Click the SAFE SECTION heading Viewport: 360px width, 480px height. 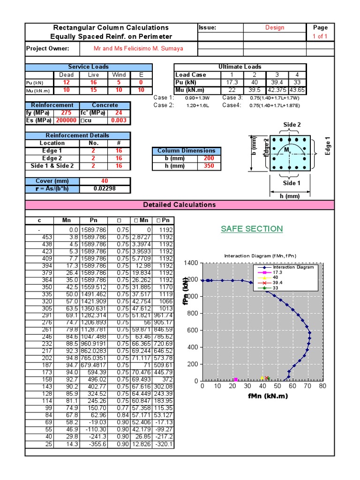click(x=252, y=229)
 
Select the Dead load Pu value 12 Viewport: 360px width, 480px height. click(x=67, y=82)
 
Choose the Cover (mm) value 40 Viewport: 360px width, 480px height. click(x=105, y=181)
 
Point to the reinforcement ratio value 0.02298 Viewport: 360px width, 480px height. click(x=105, y=188)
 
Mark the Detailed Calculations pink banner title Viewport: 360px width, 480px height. click(x=180, y=205)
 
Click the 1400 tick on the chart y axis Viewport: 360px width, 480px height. click(x=191, y=263)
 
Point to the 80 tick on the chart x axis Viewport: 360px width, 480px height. click(x=322, y=387)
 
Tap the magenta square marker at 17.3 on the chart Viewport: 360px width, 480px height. click(x=236, y=379)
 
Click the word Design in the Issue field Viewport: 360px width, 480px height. click(x=274, y=28)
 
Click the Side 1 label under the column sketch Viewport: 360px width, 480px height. click(x=292, y=183)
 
